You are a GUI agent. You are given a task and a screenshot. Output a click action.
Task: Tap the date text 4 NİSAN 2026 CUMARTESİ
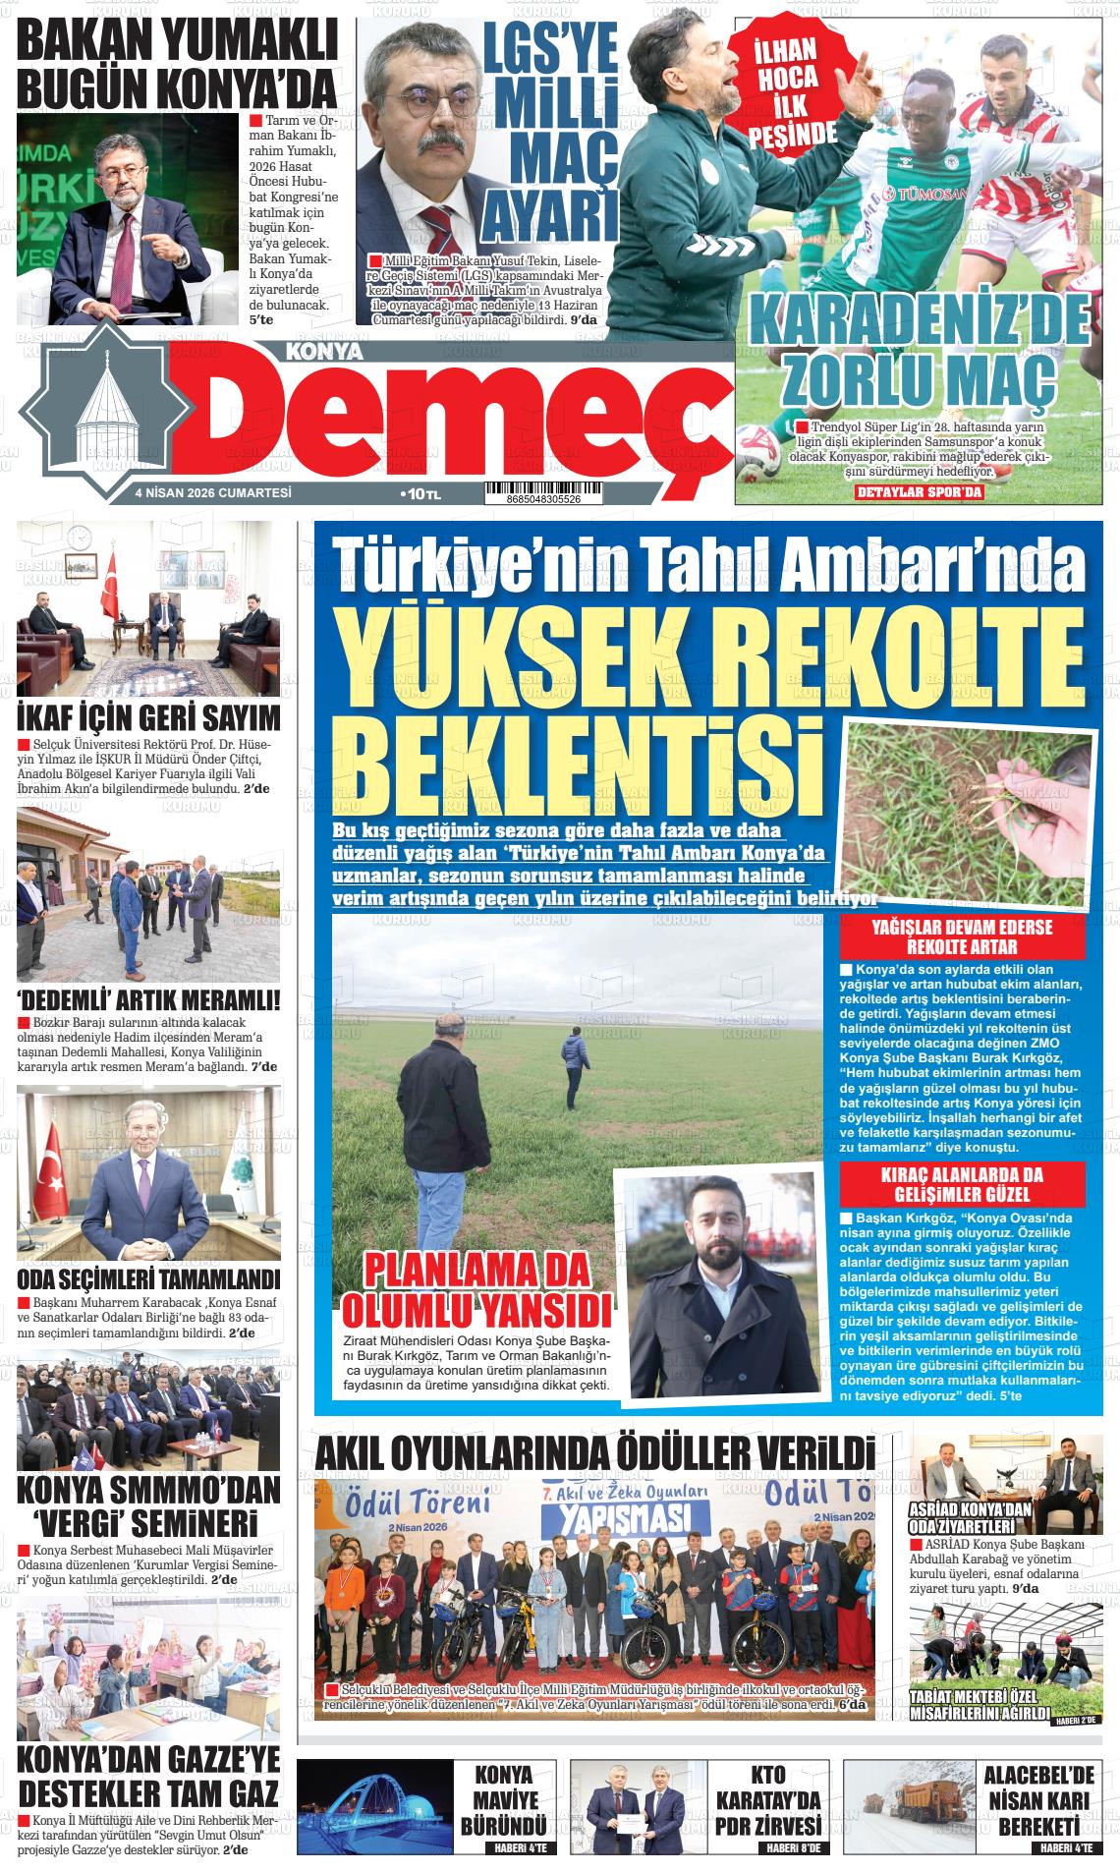(x=214, y=493)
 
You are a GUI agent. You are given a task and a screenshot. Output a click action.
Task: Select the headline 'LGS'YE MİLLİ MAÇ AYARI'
(x=552, y=128)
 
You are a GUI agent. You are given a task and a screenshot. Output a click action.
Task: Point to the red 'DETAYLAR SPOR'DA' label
(x=920, y=492)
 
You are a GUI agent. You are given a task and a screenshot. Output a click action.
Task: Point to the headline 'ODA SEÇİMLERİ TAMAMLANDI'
(x=149, y=1278)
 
